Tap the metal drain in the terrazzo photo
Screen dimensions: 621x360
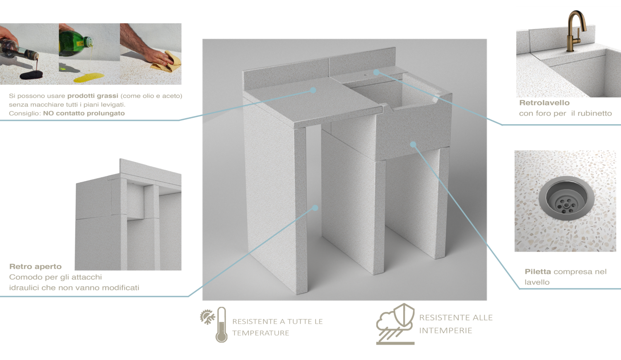pos(566,199)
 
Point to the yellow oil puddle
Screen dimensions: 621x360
pos(89,78)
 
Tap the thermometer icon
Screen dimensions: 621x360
pos(221,324)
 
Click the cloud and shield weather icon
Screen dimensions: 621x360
pos(395,324)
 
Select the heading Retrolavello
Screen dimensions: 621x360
pos(544,103)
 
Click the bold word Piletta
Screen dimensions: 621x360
pos(537,271)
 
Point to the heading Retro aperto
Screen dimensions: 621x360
pos(36,266)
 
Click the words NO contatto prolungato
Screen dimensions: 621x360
pos(84,113)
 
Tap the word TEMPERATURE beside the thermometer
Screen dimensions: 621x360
pos(260,333)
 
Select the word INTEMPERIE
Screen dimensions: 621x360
pos(445,330)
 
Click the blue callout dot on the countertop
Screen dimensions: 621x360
pos(313,90)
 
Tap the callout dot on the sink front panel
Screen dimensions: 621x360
pos(413,144)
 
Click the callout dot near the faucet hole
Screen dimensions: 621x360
pos(376,72)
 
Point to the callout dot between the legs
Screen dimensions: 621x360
pos(315,208)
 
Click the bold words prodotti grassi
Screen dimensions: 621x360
pos(93,96)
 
